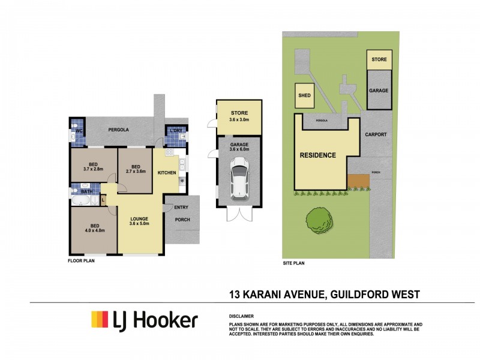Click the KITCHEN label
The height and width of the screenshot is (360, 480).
(166, 173)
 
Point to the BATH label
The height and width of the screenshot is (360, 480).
(86, 192)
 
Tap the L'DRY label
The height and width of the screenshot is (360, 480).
(175, 130)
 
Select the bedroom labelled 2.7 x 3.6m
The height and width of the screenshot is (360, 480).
(136, 169)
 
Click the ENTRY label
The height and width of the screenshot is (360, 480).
(181, 208)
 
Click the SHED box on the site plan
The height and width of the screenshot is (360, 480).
(304, 95)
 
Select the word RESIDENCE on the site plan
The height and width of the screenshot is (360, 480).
(318, 155)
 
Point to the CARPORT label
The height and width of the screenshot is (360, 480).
(376, 135)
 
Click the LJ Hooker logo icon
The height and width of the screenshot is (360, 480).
(99, 319)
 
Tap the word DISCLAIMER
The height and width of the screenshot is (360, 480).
(241, 316)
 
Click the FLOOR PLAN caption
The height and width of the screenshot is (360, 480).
(80, 261)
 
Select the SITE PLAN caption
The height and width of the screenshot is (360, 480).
(294, 263)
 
